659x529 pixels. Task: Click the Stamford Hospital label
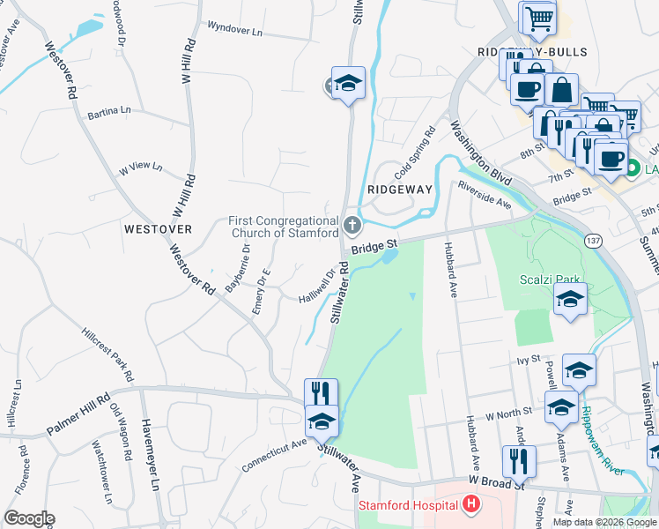point(408,505)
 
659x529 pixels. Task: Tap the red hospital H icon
point(471,505)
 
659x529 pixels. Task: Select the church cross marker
point(352,226)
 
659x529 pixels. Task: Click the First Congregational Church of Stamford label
point(283,227)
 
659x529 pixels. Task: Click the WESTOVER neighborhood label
point(158,228)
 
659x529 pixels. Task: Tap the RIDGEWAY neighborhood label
point(400,190)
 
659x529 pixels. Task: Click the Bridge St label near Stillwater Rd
point(375,244)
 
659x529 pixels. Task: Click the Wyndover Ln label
point(234,29)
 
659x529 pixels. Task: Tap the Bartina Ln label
point(109,112)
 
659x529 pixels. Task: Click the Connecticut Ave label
point(273,452)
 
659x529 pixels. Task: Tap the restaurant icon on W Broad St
point(520,460)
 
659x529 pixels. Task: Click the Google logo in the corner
point(29,518)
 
